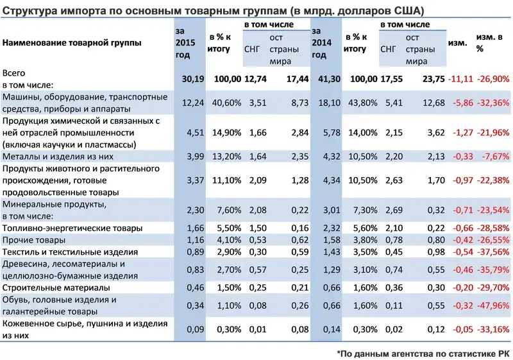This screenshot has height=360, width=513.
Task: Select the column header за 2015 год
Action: tap(183, 42)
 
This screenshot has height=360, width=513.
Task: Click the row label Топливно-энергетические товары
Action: tap(72, 228)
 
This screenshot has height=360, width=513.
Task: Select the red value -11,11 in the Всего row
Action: tap(461, 78)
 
